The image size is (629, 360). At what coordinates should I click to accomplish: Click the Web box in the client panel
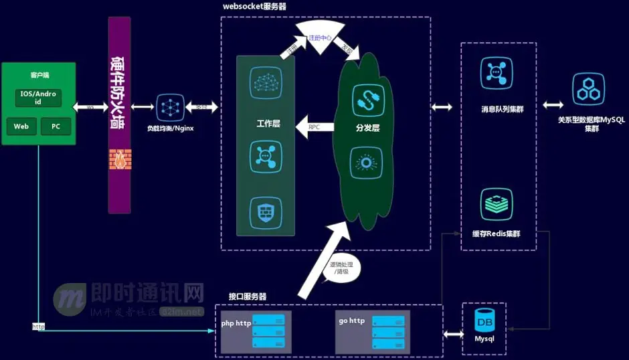21,126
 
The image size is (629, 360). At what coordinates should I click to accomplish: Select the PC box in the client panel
56,126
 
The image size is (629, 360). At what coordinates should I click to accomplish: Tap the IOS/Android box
38,98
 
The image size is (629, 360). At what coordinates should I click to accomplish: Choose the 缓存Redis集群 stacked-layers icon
497,204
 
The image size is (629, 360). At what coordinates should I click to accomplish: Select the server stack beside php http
268,331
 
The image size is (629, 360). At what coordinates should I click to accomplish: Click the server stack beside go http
388,331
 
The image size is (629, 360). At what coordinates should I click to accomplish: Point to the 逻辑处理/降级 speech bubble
342,269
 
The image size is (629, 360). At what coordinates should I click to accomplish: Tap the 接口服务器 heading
247,296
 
